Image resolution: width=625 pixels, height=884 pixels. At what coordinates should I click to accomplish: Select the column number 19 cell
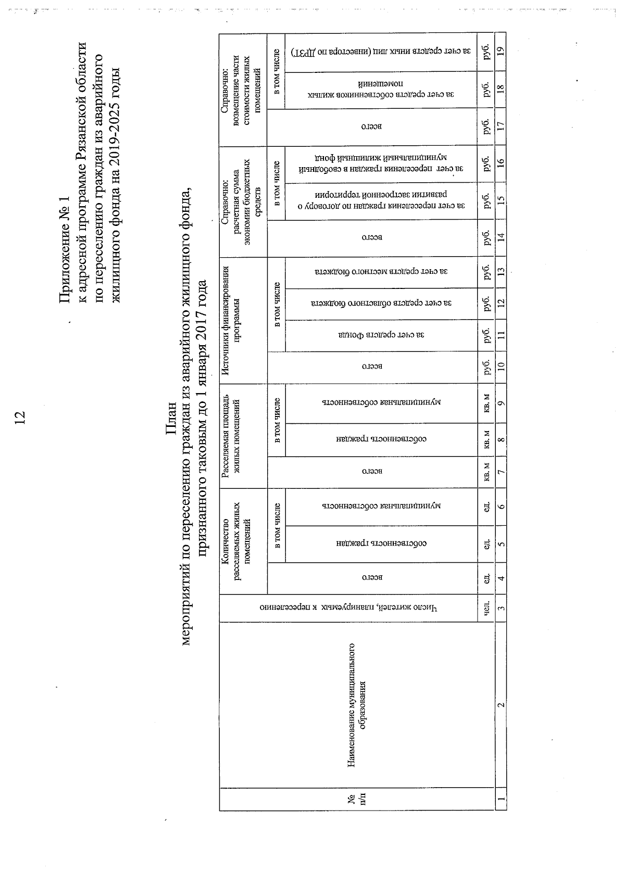click(x=501, y=51)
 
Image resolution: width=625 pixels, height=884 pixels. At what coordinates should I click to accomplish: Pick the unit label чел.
click(x=486, y=608)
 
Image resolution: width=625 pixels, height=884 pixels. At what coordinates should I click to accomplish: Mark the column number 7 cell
click(x=501, y=472)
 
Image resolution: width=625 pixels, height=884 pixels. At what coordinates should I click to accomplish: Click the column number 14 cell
click(x=501, y=237)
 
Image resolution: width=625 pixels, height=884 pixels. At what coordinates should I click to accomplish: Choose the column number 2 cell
click(x=501, y=704)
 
